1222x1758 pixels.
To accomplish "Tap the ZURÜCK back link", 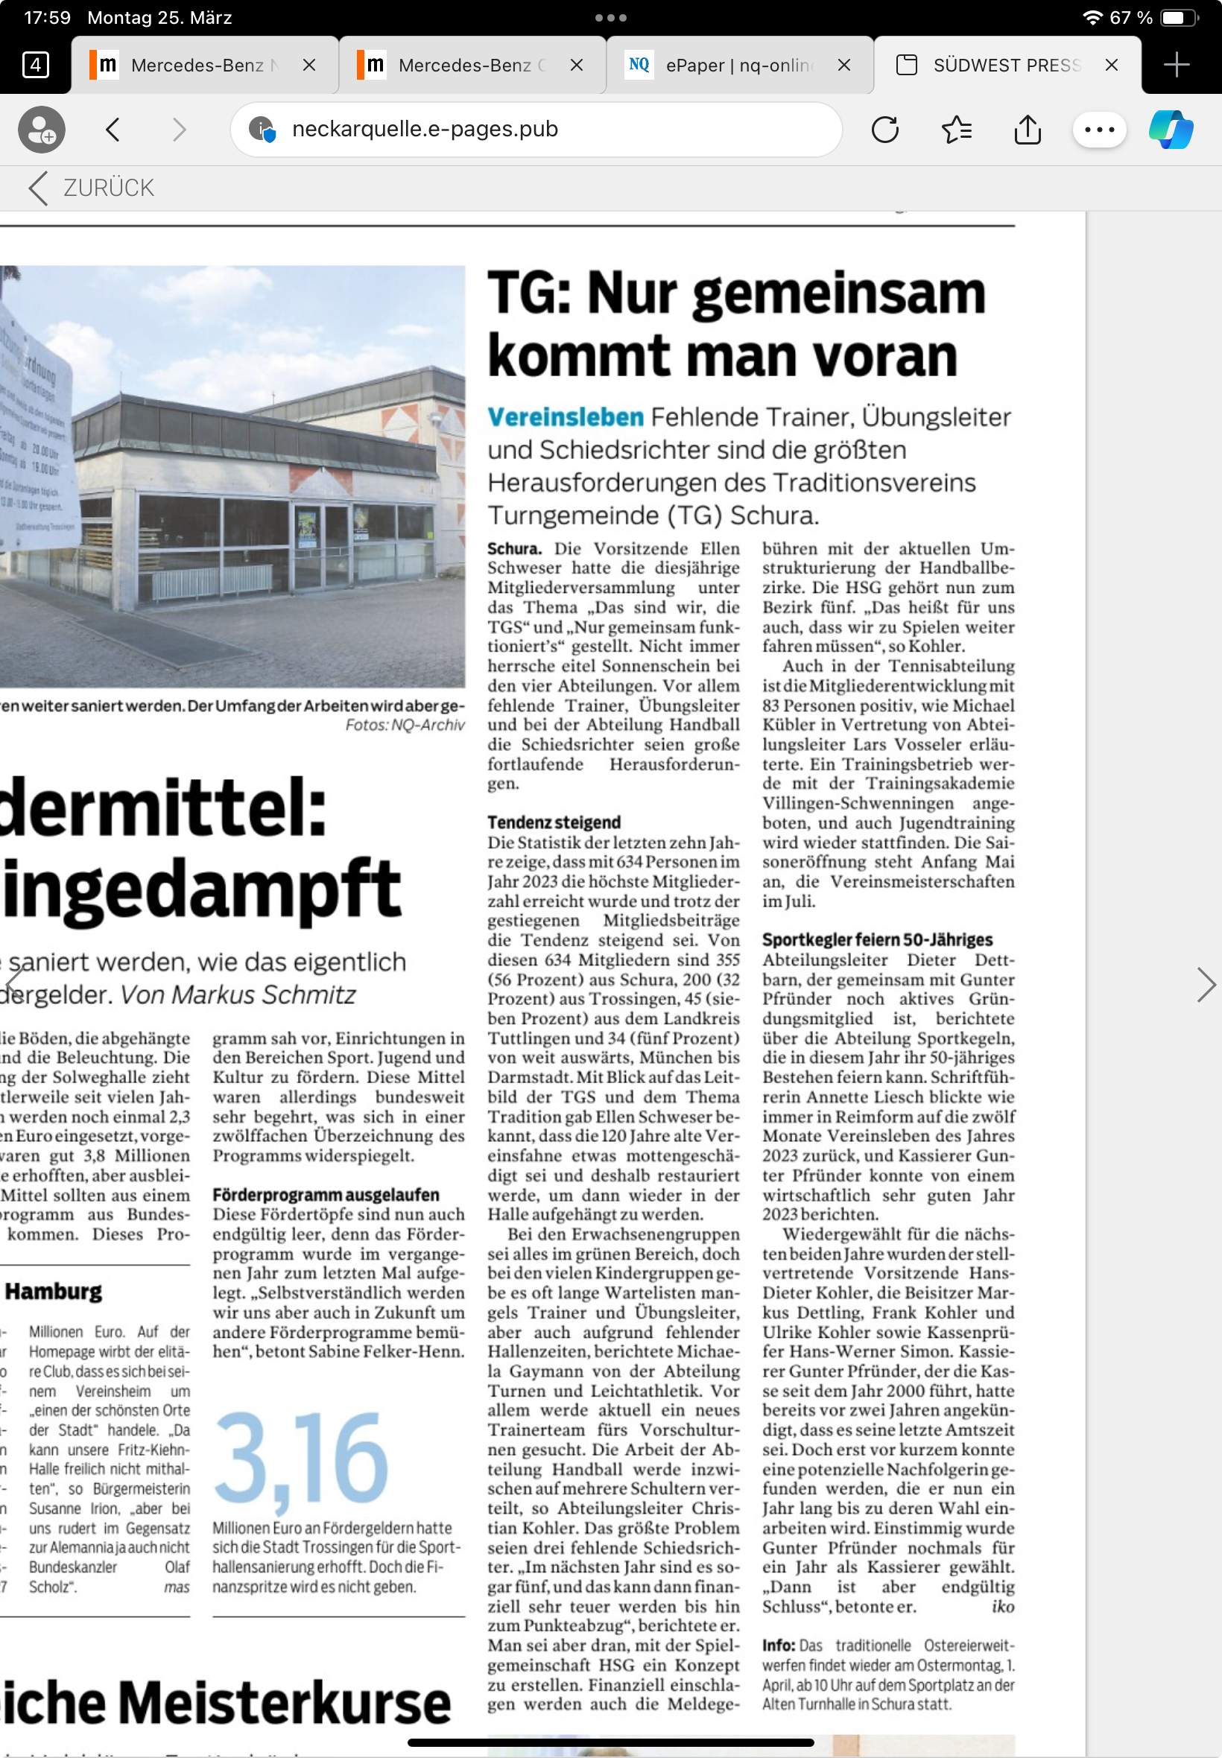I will tap(91, 188).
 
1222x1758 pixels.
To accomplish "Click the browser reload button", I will tap(884, 130).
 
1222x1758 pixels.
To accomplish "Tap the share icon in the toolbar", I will tap(1027, 130).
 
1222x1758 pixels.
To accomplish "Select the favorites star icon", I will tap(956, 130).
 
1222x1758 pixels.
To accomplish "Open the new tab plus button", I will tap(1175, 65).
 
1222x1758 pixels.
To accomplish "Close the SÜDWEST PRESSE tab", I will tap(1111, 65).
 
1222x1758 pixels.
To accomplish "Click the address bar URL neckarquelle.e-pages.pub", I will tap(425, 130).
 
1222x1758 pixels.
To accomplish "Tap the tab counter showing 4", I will tap(35, 65).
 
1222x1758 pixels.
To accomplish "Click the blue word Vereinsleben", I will tap(565, 417).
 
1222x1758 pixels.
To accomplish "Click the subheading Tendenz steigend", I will tap(554, 822).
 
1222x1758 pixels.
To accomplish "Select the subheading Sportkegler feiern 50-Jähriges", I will tap(877, 939).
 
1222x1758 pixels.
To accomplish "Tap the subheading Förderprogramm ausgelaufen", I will tap(326, 1194).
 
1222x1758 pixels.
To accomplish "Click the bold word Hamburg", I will tap(54, 1291).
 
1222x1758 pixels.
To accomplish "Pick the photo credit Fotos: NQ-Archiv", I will tap(405, 725).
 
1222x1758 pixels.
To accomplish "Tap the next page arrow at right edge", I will tap(1205, 984).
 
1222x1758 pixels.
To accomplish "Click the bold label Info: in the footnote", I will tap(777, 1645).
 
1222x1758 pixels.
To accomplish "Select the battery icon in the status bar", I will tap(1177, 18).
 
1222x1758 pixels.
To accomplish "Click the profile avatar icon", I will tap(41, 130).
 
